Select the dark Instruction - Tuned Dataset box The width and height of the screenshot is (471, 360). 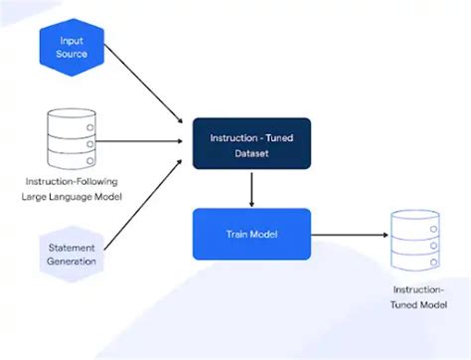tap(251, 143)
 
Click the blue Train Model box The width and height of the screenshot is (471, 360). tap(251, 234)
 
